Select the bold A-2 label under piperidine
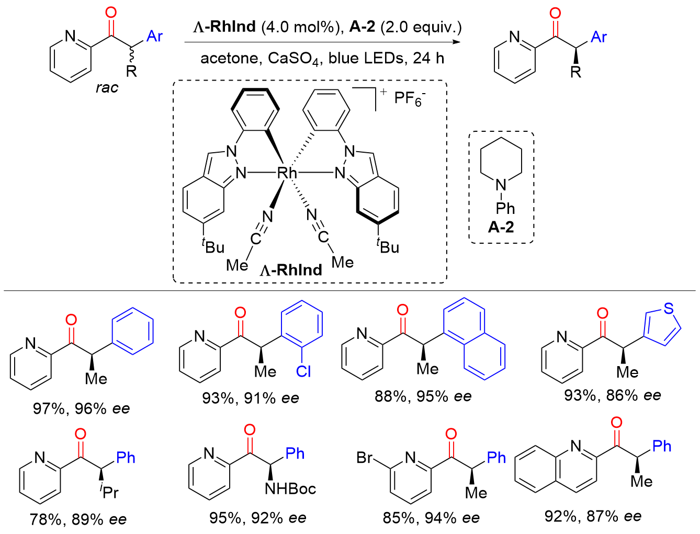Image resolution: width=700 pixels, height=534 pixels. [501, 226]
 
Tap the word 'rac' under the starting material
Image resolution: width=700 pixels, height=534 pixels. [107, 87]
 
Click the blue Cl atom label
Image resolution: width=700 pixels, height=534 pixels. [303, 371]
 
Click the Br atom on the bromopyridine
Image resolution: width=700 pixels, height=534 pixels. [365, 458]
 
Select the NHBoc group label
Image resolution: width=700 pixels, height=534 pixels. [290, 488]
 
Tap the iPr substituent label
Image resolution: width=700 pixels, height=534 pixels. [109, 492]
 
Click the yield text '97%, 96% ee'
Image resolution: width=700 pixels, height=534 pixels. [81, 408]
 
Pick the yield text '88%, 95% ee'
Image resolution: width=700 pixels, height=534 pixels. [423, 396]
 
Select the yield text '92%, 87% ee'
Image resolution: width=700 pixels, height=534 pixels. [593, 516]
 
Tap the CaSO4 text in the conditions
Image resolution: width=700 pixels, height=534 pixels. [295, 58]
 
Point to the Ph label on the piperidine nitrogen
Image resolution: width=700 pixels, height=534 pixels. [505, 208]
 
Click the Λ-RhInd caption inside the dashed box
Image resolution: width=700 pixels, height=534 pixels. [291, 270]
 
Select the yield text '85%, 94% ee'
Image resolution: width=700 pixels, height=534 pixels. [431, 518]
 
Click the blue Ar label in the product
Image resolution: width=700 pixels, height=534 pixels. [599, 37]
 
